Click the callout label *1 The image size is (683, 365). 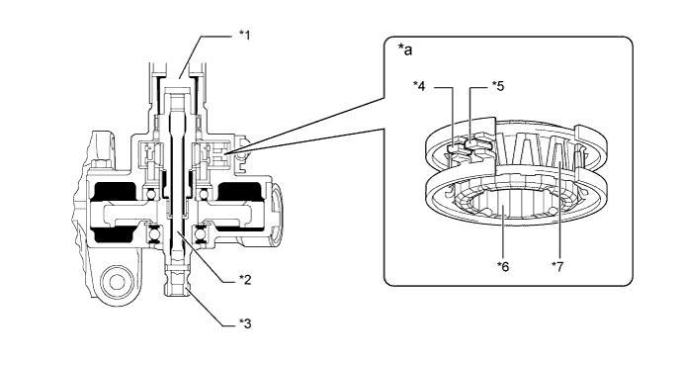coord(245,36)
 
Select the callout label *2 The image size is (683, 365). coord(245,280)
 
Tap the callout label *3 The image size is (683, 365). coord(245,323)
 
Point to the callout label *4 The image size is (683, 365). coord(419,86)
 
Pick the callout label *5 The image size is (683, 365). coord(498,86)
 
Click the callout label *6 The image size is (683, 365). coord(503,266)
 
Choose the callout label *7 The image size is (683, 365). coord(557,266)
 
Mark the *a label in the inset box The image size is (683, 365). coord(405,50)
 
